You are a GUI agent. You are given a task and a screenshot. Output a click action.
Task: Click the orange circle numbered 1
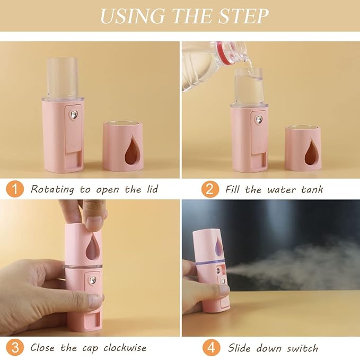15,189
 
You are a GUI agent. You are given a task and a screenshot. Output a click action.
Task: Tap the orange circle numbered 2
210,189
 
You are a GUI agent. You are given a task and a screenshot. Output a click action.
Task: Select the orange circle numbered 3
15,348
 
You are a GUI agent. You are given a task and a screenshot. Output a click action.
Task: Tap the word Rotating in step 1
52,189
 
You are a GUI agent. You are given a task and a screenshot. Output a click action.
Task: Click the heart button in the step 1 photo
74,113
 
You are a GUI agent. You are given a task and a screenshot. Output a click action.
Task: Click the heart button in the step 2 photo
259,120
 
